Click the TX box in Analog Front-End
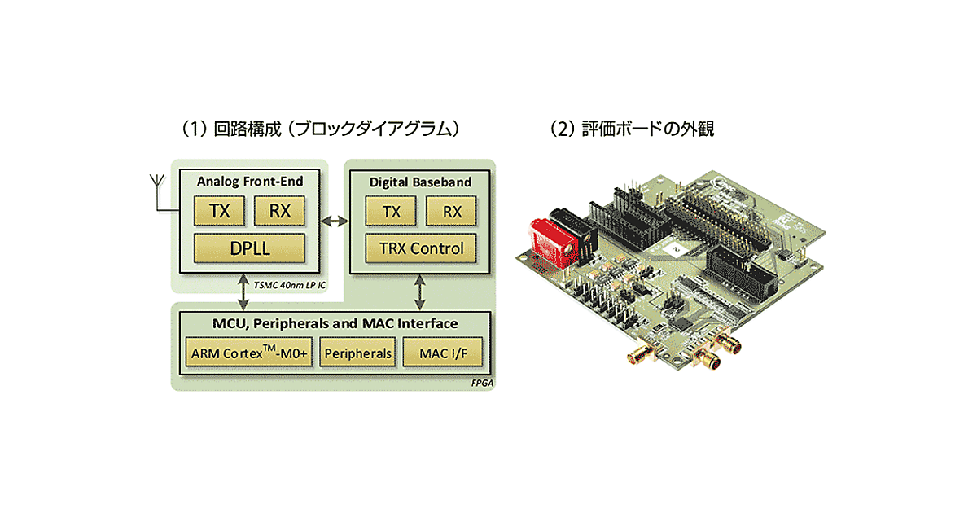point(219,211)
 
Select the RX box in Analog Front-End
point(279,211)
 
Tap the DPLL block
point(249,248)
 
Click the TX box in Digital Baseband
point(392,211)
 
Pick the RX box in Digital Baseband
point(453,211)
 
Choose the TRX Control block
point(422,248)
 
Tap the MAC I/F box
point(443,354)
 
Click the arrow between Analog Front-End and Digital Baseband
point(334,219)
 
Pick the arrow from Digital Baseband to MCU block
point(421,291)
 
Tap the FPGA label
point(481,382)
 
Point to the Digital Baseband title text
point(420,182)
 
